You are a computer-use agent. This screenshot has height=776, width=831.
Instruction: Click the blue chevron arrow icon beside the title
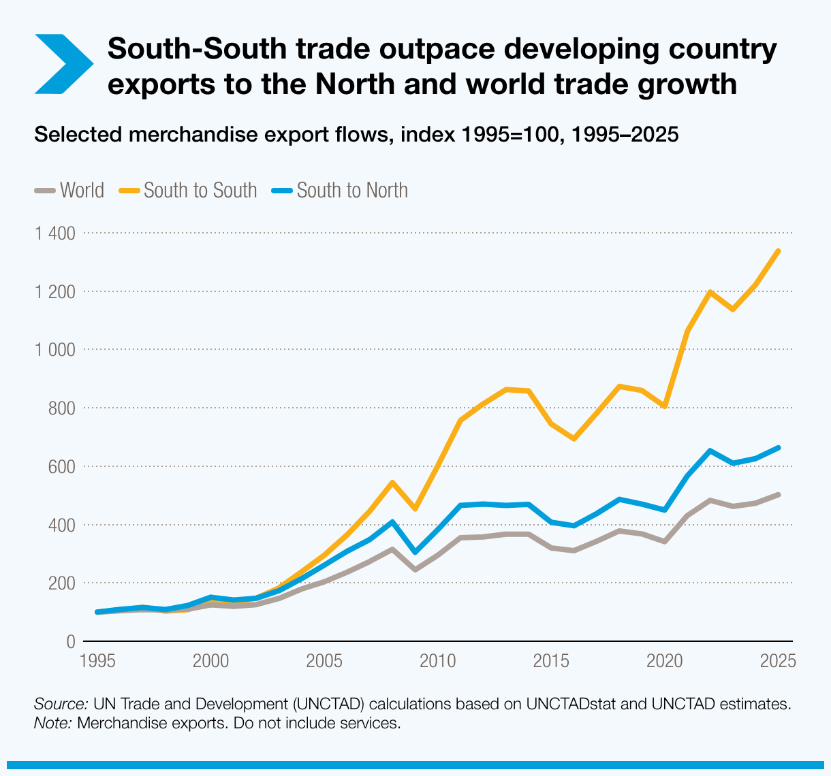tap(63, 63)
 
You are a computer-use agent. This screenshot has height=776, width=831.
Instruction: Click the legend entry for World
tap(70, 191)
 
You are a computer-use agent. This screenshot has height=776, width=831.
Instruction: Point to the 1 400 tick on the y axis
tap(54, 233)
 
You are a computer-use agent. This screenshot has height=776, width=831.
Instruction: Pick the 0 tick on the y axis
tap(70, 642)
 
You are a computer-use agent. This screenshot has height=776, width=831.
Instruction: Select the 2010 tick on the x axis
tap(437, 661)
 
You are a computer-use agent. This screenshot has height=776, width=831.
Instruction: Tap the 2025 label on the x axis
tap(778, 661)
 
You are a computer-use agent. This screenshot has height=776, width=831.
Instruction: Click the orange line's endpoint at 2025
tap(779, 251)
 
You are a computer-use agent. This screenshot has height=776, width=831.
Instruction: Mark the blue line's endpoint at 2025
tap(779, 448)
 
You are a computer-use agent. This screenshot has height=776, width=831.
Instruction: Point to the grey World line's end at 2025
tap(779, 495)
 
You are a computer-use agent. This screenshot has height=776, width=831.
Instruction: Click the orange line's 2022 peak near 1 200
tap(710, 292)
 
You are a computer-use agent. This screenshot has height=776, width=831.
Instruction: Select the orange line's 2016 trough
tap(574, 439)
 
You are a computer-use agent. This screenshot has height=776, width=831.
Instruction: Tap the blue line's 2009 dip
tap(415, 552)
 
